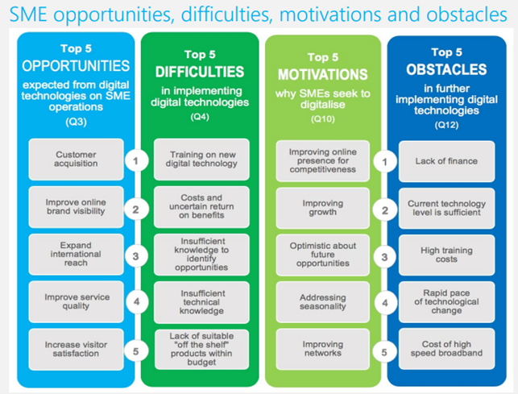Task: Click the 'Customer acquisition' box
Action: pyautogui.click(x=76, y=160)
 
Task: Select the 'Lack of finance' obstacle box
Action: pyautogui.click(x=446, y=161)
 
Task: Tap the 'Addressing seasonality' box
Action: pyautogui.click(x=323, y=302)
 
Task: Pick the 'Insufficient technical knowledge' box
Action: pyautogui.click(x=201, y=302)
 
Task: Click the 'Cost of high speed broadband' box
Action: pyautogui.click(x=446, y=349)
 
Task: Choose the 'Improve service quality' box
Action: pyautogui.click(x=76, y=301)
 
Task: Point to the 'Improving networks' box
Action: pyautogui.click(x=323, y=349)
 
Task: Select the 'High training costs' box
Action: pyautogui.click(x=446, y=255)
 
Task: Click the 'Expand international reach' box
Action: pyautogui.click(x=76, y=254)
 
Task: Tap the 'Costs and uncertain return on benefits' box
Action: pyautogui.click(x=201, y=206)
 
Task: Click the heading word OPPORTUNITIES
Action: pyautogui.click(x=76, y=66)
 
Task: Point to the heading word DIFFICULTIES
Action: pyautogui.click(x=200, y=72)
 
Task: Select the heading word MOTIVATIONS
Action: pyautogui.click(x=323, y=74)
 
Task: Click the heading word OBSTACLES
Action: pyautogui.click(x=446, y=69)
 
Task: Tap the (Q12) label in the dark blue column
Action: pyautogui.click(x=446, y=125)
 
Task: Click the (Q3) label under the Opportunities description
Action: pyautogui.click(x=76, y=122)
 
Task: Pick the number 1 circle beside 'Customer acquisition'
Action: pyautogui.click(x=136, y=161)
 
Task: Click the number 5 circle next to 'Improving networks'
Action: pyautogui.click(x=384, y=352)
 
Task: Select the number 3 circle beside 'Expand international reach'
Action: pyautogui.click(x=136, y=256)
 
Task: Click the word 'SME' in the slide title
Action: pyautogui.click(x=28, y=15)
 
